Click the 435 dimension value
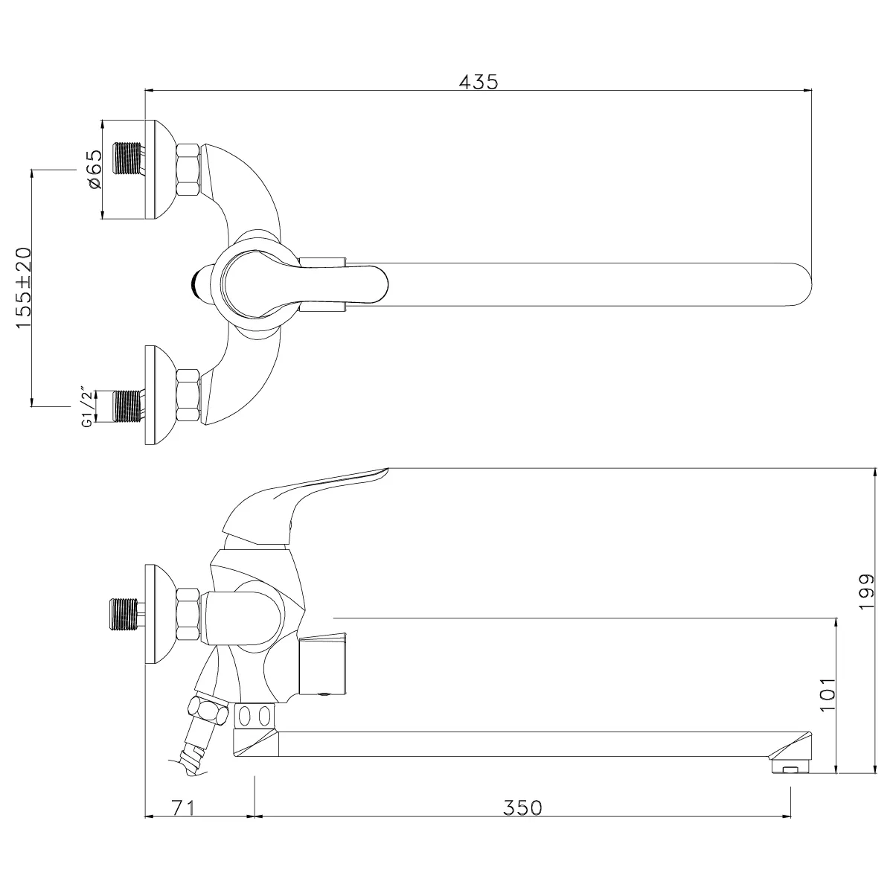(x=478, y=82)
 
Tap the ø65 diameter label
(x=94, y=169)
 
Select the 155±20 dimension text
(x=24, y=287)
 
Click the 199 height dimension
(x=866, y=592)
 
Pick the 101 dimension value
(x=828, y=694)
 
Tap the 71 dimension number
(x=184, y=807)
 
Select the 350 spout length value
(x=522, y=807)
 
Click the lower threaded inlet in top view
(x=128, y=406)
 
